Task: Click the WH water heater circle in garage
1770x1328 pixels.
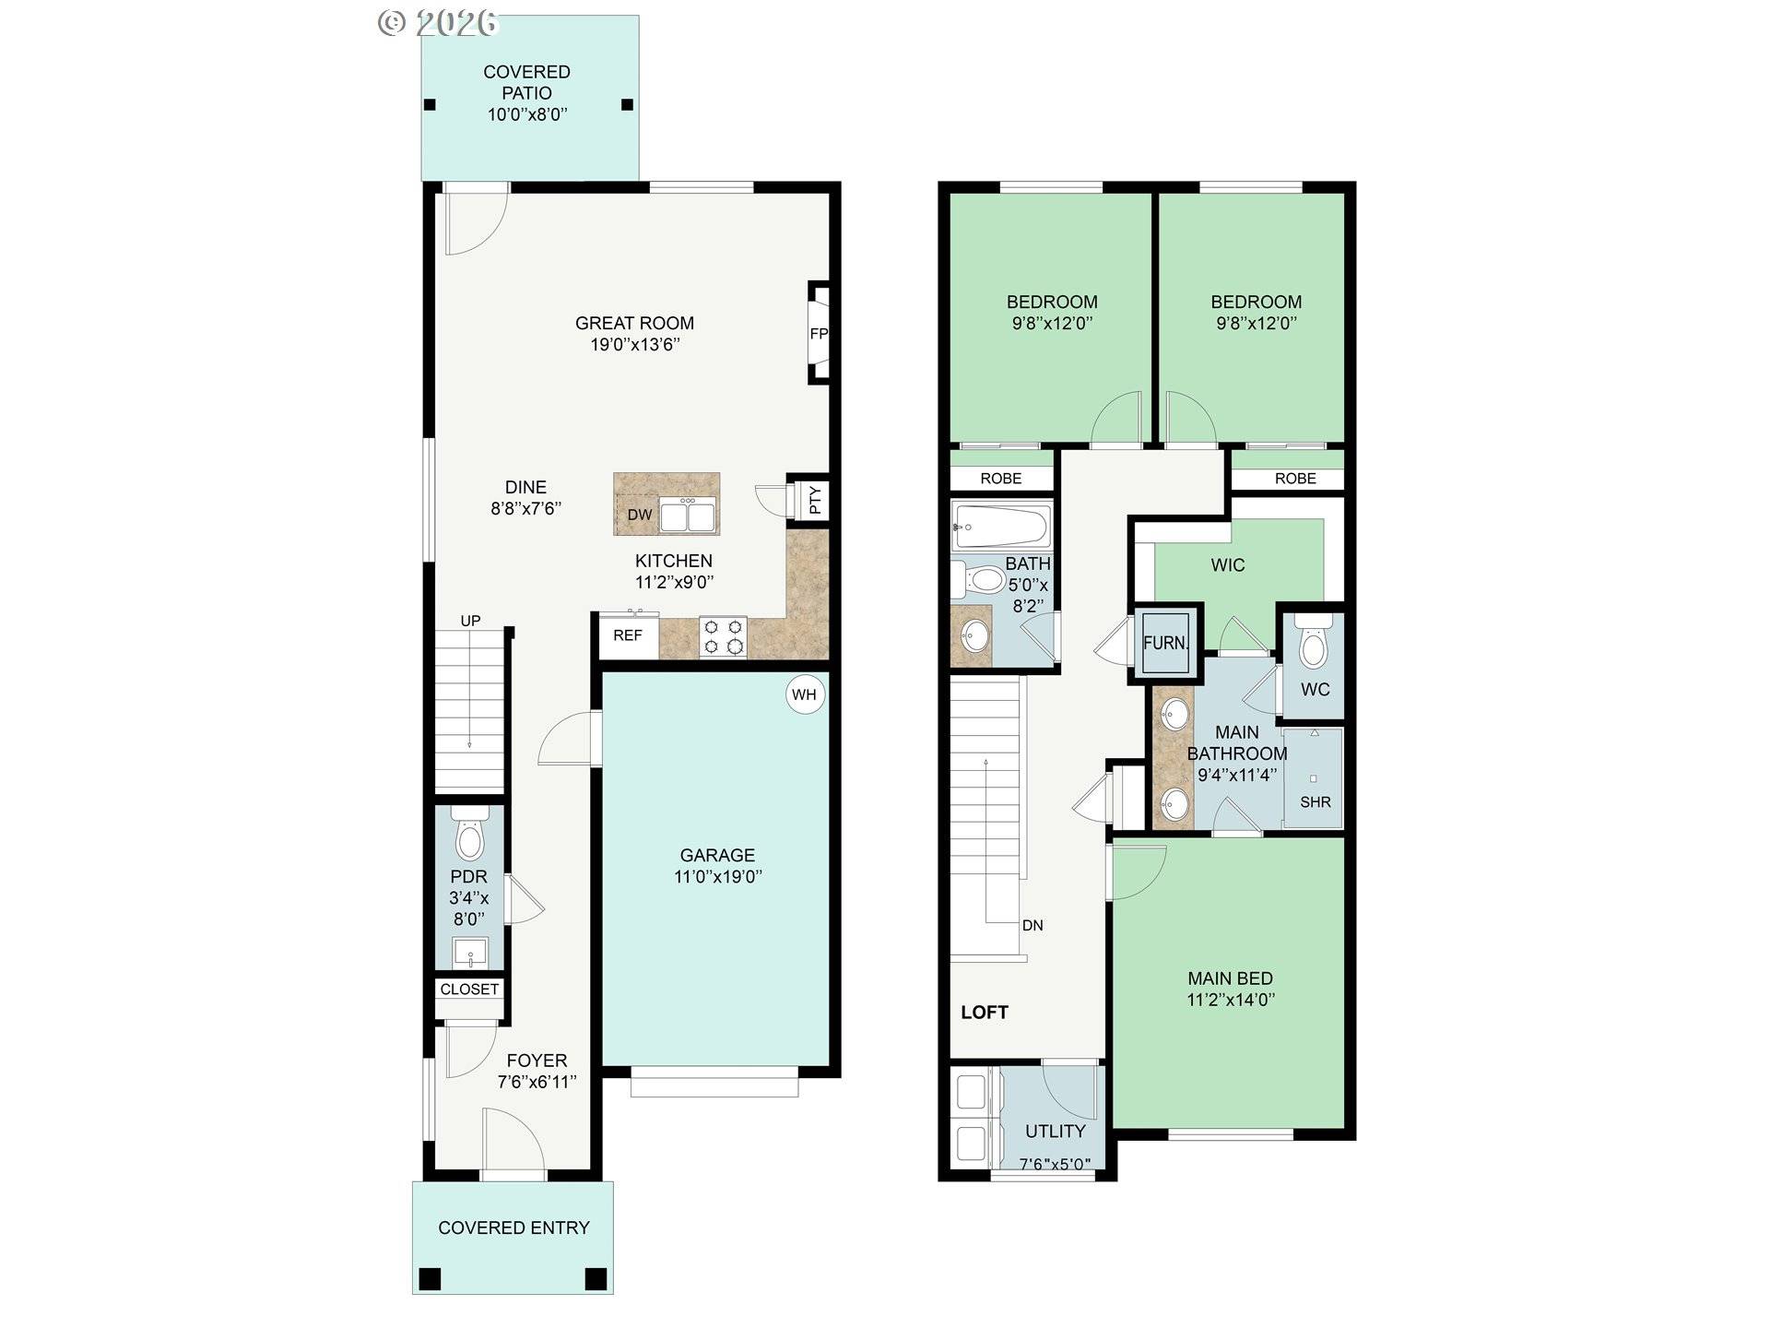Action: click(x=804, y=694)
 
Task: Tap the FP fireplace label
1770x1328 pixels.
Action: click(x=819, y=334)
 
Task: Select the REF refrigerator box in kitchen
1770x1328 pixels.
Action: click(x=628, y=635)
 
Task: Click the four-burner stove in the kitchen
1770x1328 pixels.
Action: click(x=723, y=636)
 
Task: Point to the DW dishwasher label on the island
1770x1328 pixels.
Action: click(x=640, y=515)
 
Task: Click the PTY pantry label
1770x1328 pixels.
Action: click(x=815, y=501)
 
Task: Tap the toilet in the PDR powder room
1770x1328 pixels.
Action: click(x=470, y=836)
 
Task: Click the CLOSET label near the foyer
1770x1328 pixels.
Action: click(x=469, y=989)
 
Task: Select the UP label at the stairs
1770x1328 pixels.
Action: click(x=470, y=621)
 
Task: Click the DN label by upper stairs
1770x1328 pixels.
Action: click(x=1032, y=925)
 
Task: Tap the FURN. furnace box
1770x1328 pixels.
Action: click(x=1165, y=643)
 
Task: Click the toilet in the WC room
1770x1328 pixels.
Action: click(x=1314, y=646)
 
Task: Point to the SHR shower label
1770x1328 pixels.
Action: click(x=1315, y=802)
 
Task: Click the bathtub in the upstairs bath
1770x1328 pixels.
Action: click(x=1000, y=527)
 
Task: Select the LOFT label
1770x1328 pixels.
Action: click(x=985, y=1012)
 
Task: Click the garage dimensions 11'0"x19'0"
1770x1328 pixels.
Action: click(x=717, y=876)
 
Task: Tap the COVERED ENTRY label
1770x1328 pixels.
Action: click(x=513, y=1227)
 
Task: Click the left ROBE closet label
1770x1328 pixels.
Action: click(x=1000, y=478)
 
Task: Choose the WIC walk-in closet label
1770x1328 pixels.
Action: click(x=1227, y=564)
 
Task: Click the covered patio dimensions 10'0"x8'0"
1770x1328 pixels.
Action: click(x=526, y=114)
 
